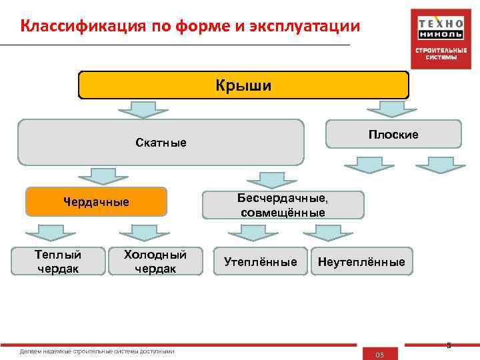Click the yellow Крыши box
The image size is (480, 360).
tap(243, 85)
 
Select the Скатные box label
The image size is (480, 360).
tap(161, 143)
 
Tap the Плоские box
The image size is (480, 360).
tap(393, 134)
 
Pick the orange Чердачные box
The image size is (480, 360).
tap(96, 201)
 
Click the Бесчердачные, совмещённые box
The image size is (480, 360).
tap(283, 205)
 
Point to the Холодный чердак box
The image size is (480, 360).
tap(155, 261)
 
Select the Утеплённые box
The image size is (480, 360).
tap(261, 262)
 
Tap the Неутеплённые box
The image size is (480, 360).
tap(361, 262)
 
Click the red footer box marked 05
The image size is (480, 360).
tap(379, 354)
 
